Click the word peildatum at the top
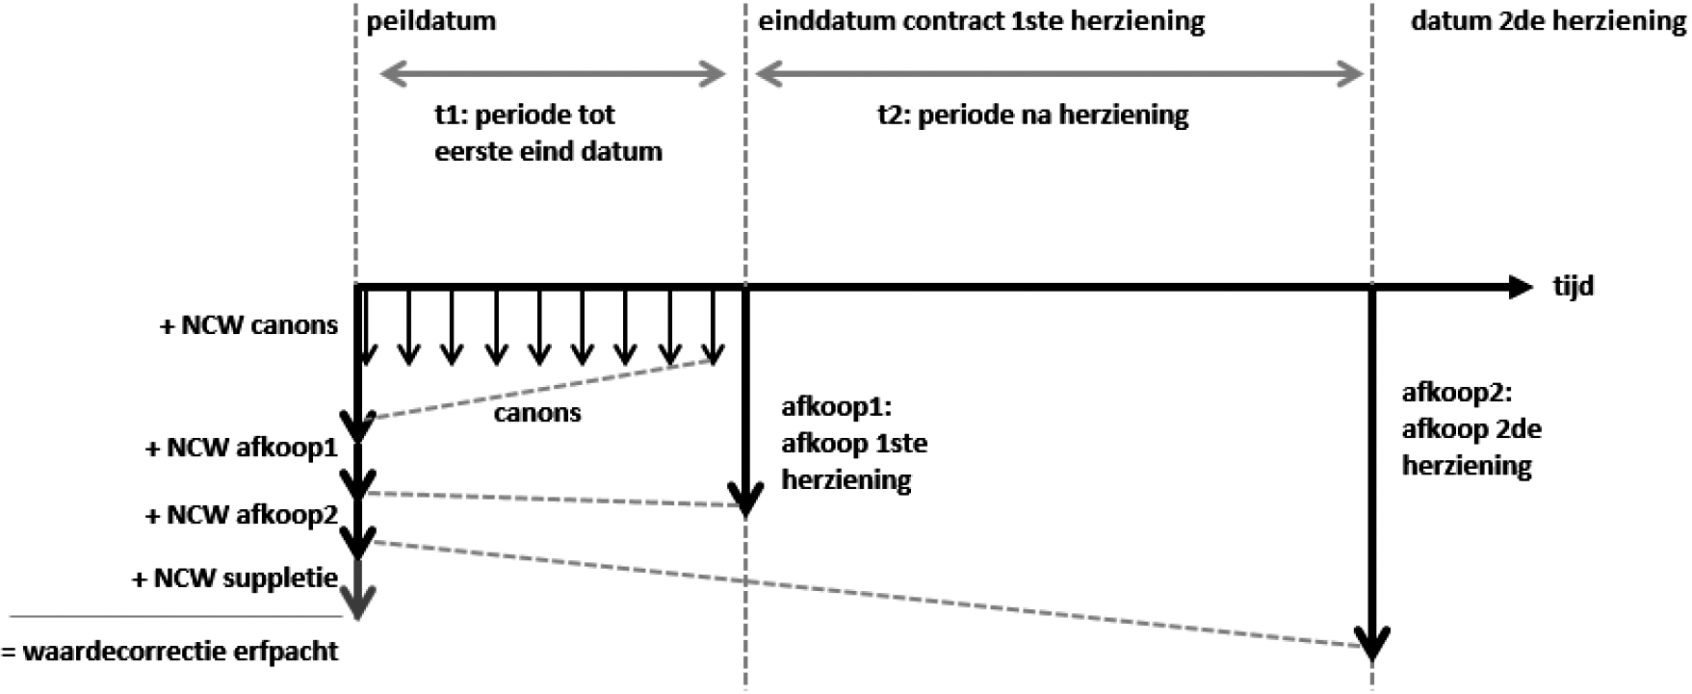tap(430, 21)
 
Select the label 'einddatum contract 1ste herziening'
tap(981, 21)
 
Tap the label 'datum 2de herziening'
tap(1548, 21)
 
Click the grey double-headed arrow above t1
tap(552, 73)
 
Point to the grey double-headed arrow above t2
tap(1059, 73)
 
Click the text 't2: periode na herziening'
tap(1032, 116)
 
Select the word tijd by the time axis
tap(1573, 287)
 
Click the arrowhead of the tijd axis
tap(1520, 287)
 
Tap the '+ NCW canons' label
tap(248, 325)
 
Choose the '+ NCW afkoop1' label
tap(241, 449)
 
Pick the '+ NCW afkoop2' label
tap(241, 515)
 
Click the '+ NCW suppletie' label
tap(235, 578)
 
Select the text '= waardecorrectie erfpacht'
tap(169, 652)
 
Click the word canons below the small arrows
tap(537, 414)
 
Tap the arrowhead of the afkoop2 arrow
tap(1372, 643)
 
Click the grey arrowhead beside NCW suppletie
tap(358, 604)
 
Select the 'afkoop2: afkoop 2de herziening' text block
tap(1471, 429)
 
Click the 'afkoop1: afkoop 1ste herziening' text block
tap(853, 444)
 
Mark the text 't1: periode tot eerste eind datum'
tap(548, 133)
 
